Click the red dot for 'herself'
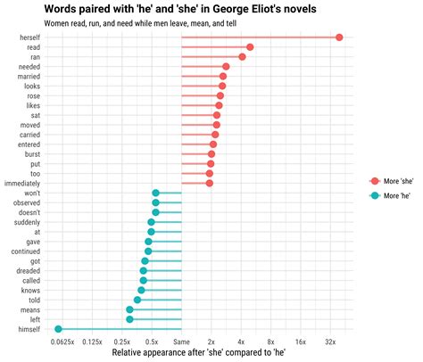point(339,37)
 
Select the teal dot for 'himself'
point(59,329)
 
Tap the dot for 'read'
point(249,46)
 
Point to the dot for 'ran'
point(242,56)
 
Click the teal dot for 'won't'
point(155,193)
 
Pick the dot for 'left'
point(129,319)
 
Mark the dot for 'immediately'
point(210,183)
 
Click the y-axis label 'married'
point(28,76)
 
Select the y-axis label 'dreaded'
point(27,271)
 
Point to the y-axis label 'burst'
point(31,153)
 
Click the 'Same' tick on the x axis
point(181,341)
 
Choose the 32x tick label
point(330,341)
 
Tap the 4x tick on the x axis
point(241,341)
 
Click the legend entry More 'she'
point(393,181)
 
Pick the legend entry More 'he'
point(391,195)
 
